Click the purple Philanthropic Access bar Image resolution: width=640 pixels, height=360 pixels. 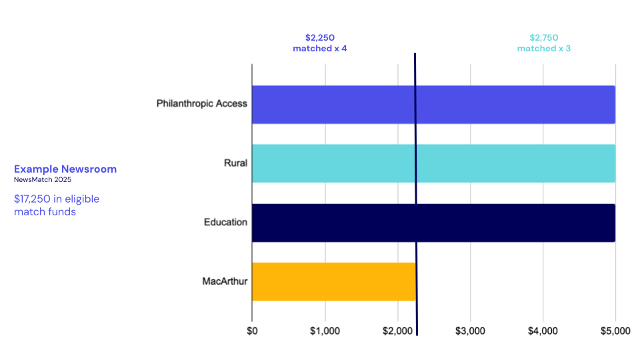click(x=433, y=105)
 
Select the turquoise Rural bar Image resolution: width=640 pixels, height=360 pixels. click(x=433, y=163)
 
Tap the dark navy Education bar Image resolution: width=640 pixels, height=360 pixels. click(x=433, y=223)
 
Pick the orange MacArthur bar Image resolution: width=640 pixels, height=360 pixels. click(x=333, y=281)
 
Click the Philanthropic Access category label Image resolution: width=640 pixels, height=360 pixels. click(x=202, y=104)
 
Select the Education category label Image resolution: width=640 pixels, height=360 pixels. click(x=225, y=222)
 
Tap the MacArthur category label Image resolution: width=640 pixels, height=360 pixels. click(x=225, y=281)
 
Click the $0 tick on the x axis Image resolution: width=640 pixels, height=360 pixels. click(x=252, y=331)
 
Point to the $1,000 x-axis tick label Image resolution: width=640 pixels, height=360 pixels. click(x=325, y=331)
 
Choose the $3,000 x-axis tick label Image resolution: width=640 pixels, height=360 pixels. click(x=470, y=331)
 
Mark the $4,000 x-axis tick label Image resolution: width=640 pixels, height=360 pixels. click(x=543, y=331)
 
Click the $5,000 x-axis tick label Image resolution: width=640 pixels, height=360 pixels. click(x=615, y=331)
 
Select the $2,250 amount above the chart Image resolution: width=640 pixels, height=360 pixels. click(x=320, y=38)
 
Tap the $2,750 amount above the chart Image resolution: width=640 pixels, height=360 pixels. click(x=544, y=38)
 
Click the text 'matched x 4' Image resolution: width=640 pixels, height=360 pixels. click(x=320, y=49)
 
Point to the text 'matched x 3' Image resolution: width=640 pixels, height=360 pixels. click(x=544, y=49)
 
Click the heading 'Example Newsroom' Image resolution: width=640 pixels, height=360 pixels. click(x=65, y=169)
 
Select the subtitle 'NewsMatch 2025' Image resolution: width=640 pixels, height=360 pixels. click(x=43, y=180)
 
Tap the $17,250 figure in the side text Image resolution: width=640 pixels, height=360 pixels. click(x=33, y=199)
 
